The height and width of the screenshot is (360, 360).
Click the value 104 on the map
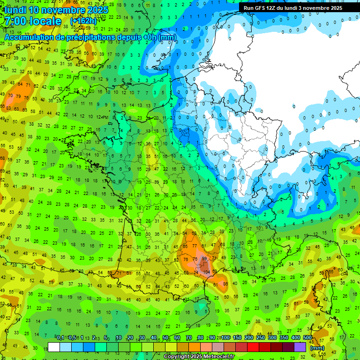pyautogui.click(x=207, y=272)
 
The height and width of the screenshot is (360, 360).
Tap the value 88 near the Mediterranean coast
pyautogui.click(x=225, y=284)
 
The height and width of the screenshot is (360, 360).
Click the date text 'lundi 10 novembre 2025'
pyautogui.click(x=56, y=10)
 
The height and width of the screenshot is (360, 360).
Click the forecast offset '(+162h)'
pyautogui.click(x=83, y=22)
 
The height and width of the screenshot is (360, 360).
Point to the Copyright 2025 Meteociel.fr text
pyautogui.click(x=199, y=357)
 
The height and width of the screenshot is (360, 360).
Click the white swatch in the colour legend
pyautogui.click(x=54, y=347)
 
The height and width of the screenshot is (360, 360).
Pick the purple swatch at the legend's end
pyautogui.click(x=300, y=347)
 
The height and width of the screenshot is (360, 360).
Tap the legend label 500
pyautogui.click(x=307, y=338)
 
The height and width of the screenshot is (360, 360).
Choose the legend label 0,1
pyautogui.click(x=60, y=338)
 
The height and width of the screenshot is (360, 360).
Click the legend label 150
pyautogui.click(x=237, y=338)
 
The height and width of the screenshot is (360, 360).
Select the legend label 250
pyautogui.click(x=261, y=338)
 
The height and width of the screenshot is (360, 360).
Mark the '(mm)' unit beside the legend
pyautogui.click(x=318, y=348)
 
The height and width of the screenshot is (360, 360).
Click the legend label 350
pyautogui.click(x=284, y=338)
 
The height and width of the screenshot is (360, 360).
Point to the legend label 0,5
pyautogui.click(x=72, y=338)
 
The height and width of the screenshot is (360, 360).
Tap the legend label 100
pyautogui.click(x=225, y=338)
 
